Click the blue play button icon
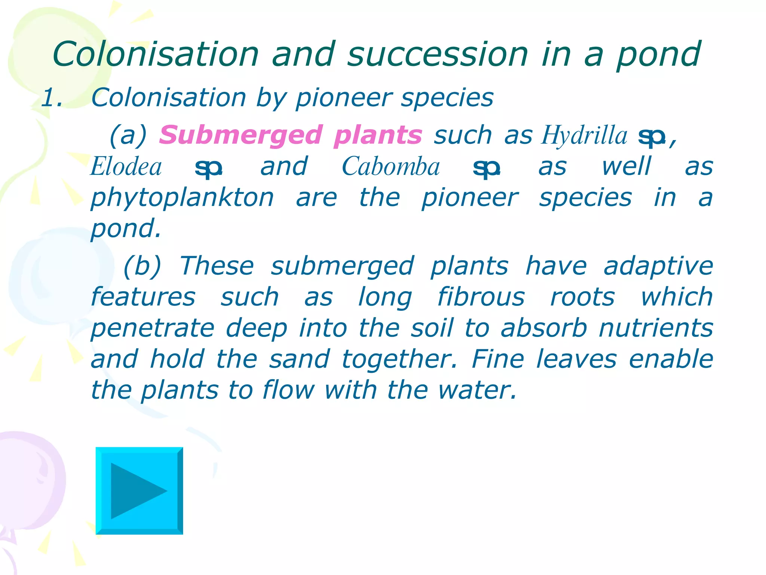(x=139, y=490)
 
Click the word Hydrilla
(x=584, y=135)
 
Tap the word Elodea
(x=126, y=167)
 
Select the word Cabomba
(x=391, y=167)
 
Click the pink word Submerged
(x=240, y=135)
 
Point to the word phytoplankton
(x=183, y=198)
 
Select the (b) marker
(x=142, y=266)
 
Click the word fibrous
(x=481, y=297)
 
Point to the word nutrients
(x=656, y=328)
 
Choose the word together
(x=399, y=359)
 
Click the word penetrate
(x=153, y=328)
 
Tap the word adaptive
(x=658, y=266)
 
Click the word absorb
(x=544, y=328)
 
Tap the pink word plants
(x=378, y=135)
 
